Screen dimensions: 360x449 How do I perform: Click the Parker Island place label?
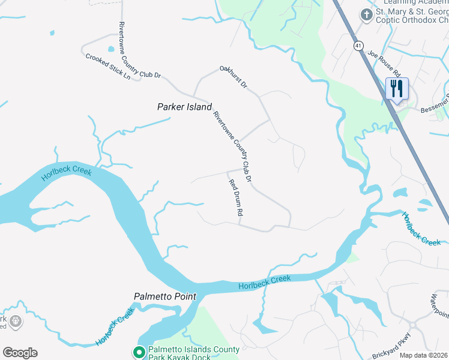(184, 107)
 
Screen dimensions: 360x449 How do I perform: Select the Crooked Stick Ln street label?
(108, 67)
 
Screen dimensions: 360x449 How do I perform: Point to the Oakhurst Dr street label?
(234, 77)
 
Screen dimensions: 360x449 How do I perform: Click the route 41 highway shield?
(358, 45)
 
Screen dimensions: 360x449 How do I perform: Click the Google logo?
(20, 353)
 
